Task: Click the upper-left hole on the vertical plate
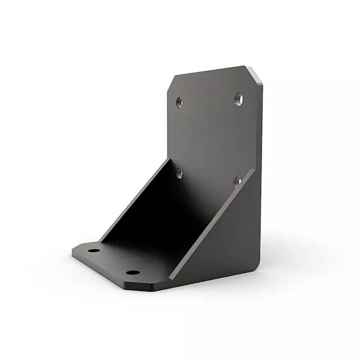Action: click(179, 102)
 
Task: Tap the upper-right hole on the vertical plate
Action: click(239, 98)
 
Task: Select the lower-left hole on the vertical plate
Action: click(179, 173)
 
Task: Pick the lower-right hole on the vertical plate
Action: click(238, 180)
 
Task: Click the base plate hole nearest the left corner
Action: click(94, 251)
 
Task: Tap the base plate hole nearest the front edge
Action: click(133, 272)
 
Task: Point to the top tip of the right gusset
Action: click(253, 170)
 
